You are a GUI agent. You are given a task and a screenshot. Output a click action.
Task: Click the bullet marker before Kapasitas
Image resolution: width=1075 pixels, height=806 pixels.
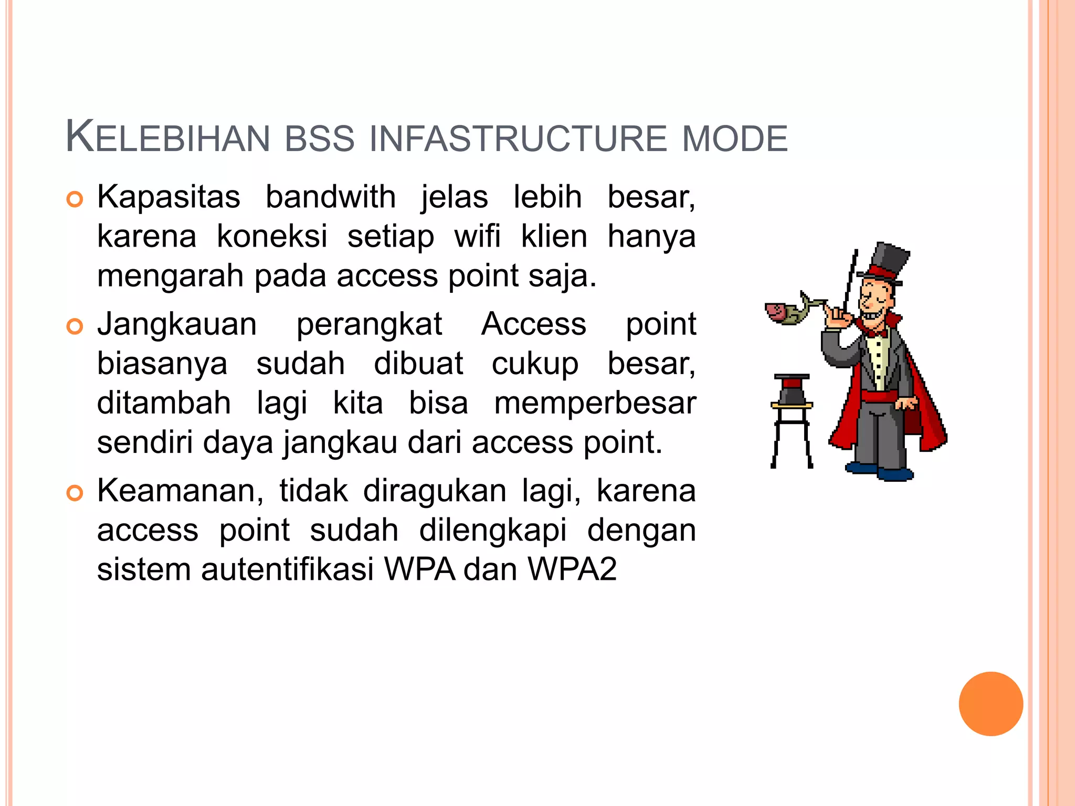click(75, 199)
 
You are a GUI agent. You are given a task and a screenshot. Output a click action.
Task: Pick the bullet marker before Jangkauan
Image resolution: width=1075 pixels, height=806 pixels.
click(75, 326)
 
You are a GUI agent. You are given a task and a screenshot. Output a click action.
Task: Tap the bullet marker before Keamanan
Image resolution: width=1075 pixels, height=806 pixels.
click(75, 493)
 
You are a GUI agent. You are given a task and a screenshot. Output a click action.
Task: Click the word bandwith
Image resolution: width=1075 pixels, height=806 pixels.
click(330, 197)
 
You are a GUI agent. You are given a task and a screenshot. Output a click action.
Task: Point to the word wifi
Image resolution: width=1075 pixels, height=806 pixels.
click(477, 236)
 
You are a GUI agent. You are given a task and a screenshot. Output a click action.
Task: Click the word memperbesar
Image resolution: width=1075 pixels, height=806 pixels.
click(595, 403)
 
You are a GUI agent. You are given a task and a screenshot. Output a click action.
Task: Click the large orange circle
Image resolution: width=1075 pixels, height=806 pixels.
click(990, 704)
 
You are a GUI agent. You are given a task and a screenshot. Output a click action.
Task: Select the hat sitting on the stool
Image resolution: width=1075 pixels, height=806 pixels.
click(792, 389)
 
